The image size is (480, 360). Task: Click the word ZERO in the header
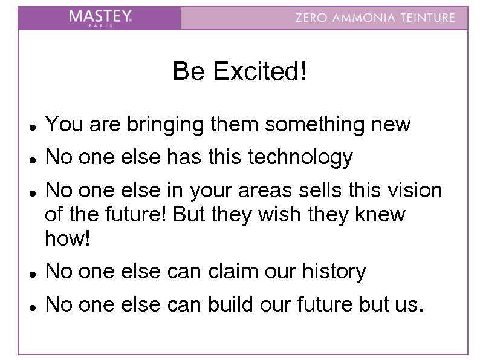point(310,18)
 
